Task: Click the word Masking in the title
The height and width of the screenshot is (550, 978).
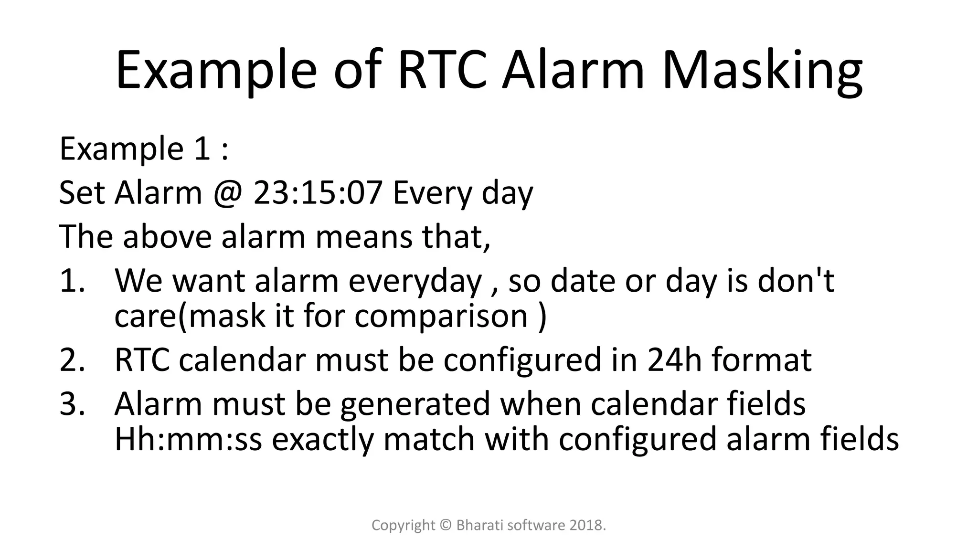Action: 762,71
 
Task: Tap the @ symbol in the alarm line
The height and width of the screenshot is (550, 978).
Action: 227,193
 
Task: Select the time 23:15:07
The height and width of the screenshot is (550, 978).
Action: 318,193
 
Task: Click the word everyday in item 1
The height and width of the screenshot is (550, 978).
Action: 415,282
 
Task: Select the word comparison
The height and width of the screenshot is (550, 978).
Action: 441,316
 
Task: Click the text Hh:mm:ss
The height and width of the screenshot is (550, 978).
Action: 188,439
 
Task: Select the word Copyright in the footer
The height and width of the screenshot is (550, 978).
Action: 403,526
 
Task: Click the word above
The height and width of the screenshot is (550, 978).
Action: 167,237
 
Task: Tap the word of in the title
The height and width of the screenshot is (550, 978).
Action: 359,71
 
